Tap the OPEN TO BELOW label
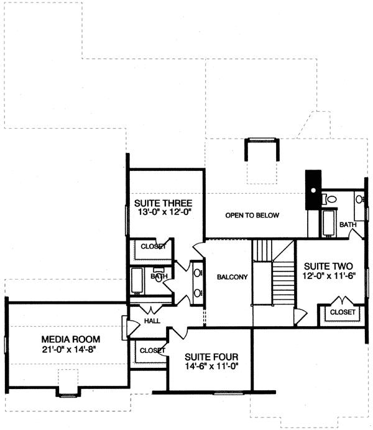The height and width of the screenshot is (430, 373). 252,216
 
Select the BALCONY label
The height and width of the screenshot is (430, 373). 229,277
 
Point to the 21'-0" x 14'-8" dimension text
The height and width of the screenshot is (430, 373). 70,349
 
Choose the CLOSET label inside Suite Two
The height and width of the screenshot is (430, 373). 342,312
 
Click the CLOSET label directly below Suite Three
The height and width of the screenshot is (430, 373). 153,247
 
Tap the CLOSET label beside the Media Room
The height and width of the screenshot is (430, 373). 152,350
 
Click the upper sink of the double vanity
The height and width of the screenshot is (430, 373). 198,272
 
